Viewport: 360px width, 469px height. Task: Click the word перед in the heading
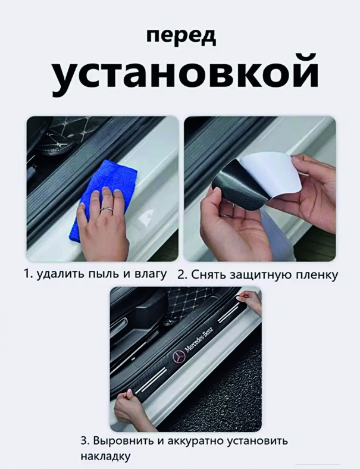point(181,37)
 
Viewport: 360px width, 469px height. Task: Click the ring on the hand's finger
point(105,208)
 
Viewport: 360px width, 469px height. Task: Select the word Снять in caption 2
point(207,274)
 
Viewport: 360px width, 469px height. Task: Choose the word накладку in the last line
point(105,457)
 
